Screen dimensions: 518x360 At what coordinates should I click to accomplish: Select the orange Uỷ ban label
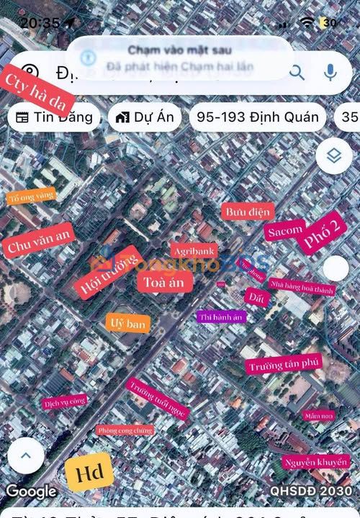coord(127,323)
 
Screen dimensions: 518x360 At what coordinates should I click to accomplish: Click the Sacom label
coord(284,232)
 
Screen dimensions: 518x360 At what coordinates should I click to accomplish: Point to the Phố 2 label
coord(324,234)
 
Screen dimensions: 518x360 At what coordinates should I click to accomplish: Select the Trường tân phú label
coord(283,365)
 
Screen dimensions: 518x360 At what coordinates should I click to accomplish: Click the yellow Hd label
coord(89,473)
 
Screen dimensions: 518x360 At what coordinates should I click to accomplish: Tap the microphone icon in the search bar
coord(330,72)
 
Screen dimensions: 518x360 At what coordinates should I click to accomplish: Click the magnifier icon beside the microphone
coord(297,72)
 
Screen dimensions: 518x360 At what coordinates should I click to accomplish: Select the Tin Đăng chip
coord(55,117)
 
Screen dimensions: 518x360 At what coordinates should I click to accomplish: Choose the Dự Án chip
coord(145,117)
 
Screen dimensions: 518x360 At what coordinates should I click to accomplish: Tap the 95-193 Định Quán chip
coord(257,117)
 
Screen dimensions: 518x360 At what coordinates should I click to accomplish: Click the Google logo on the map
coord(31,492)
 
